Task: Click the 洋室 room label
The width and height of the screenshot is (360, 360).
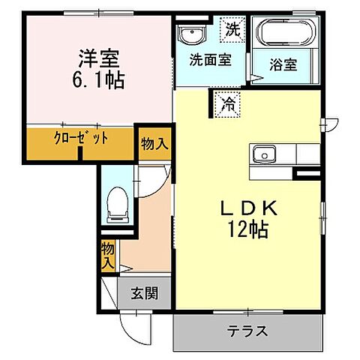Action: pos(99,57)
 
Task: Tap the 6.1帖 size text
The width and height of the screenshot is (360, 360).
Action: pos(99,79)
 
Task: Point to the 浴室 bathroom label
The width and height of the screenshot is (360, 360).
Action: pos(283,65)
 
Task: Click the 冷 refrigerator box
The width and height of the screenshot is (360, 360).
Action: pos(226,104)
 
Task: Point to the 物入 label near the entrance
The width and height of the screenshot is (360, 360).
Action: pos(109,255)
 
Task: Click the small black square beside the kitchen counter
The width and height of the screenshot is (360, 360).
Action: pos(305,175)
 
